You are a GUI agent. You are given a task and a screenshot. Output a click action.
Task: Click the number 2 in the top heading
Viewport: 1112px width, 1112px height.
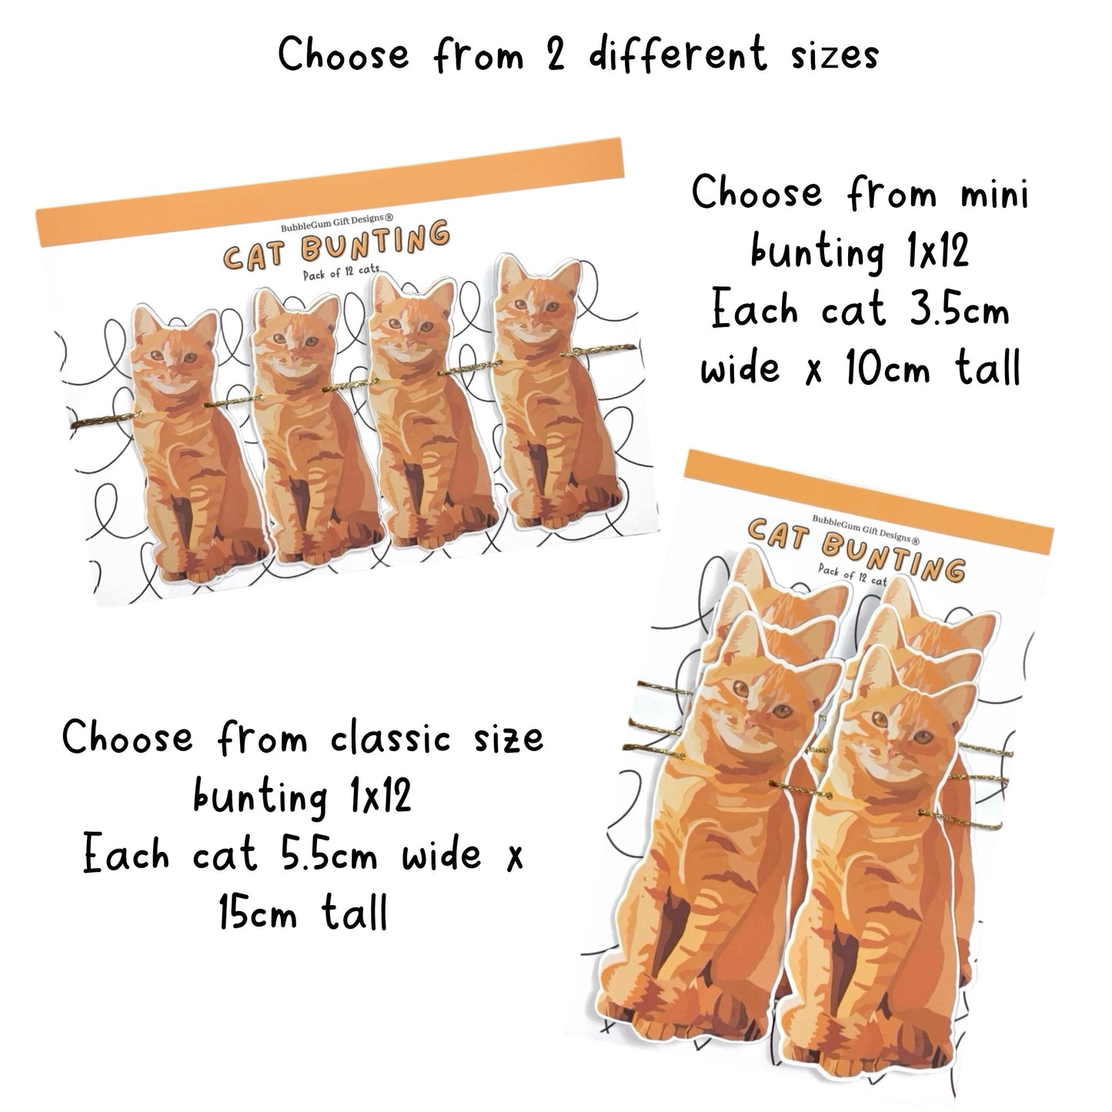click(x=555, y=55)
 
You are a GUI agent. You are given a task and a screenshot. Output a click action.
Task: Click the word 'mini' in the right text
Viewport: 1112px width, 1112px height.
click(x=995, y=192)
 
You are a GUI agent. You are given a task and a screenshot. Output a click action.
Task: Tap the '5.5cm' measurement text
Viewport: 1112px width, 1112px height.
click(x=329, y=854)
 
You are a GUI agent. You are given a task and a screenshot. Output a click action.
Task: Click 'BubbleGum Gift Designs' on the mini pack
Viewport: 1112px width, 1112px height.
click(x=336, y=222)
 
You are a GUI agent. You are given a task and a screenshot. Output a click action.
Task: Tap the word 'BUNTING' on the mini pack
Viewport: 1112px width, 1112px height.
click(x=375, y=242)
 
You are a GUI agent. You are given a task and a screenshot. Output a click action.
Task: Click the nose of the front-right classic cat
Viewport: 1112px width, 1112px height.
click(x=893, y=751)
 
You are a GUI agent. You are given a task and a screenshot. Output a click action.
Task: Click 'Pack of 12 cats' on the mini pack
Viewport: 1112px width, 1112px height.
click(x=341, y=271)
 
